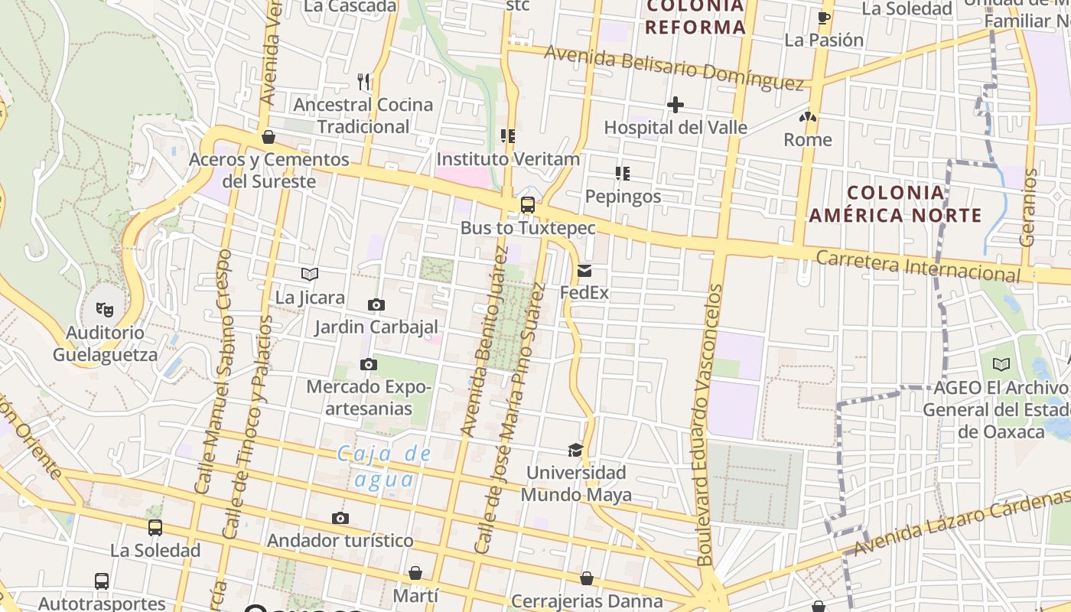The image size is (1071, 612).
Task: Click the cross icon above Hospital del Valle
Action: pos(675,105)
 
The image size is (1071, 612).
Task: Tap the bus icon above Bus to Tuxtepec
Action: pos(527,205)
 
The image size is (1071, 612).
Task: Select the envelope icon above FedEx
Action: pos(584,270)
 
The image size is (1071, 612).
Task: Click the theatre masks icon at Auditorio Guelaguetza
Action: pos(105,310)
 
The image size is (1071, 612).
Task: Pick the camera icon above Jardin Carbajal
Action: pos(376,305)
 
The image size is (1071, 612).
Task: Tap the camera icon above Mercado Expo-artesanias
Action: pos(369,365)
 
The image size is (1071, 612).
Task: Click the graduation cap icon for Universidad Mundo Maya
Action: pos(575,450)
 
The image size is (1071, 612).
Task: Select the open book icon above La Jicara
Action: pos(310,275)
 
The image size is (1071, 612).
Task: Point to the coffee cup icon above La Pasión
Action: pos(824,18)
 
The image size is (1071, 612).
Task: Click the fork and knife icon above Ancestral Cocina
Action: pos(364,81)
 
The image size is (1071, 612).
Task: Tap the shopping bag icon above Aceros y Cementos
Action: pos(269,138)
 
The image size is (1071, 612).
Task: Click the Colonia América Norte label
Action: pos(895,203)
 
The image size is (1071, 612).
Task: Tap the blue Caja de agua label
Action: pos(386,467)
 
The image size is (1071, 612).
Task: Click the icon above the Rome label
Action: pos(808,117)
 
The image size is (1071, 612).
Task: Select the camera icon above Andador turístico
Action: pos(340,519)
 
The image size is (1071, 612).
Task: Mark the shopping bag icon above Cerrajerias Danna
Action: pos(587,578)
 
